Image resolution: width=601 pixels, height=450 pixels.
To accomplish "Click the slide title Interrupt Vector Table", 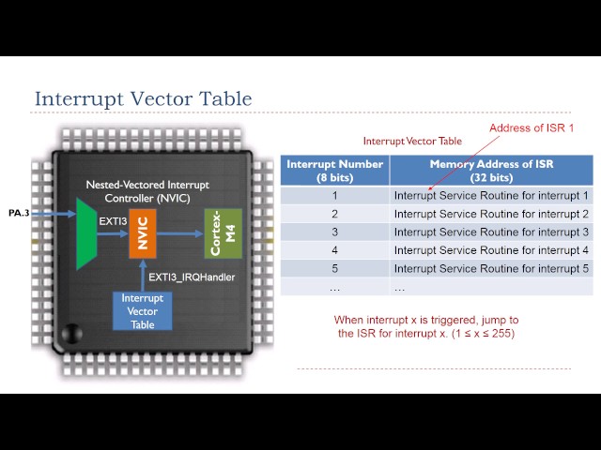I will coord(143,98).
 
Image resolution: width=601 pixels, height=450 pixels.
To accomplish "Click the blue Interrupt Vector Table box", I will coord(142,311).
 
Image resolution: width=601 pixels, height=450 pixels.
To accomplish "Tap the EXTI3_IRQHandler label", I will coord(192,277).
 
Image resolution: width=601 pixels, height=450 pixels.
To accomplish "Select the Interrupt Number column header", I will coord(335,170).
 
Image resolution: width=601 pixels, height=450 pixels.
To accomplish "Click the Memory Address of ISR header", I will coord(491,170).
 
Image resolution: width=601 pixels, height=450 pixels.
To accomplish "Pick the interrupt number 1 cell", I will coord(334,196).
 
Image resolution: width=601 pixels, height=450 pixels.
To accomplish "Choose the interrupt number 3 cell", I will coord(334,232).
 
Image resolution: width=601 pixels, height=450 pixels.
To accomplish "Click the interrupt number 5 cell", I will coord(334,268).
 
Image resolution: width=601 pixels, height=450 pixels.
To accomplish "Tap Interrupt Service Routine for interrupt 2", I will coord(491,214).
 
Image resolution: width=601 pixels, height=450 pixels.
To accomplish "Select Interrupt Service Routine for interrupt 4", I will coord(491,250).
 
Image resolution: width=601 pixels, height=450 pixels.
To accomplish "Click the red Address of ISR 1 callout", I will coord(531,127).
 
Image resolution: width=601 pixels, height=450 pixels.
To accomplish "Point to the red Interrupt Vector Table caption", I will coord(412,142).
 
